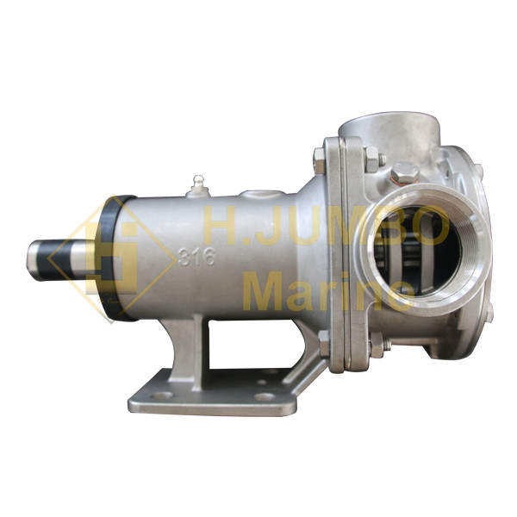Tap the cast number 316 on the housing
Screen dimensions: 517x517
click(x=196, y=257)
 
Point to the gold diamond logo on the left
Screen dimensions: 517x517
click(x=111, y=258)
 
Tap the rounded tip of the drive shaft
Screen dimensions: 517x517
click(x=32, y=260)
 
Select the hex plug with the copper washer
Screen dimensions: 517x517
click(x=406, y=173)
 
